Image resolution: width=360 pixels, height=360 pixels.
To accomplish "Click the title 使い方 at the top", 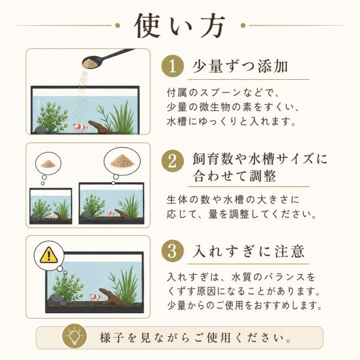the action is pos(180,25).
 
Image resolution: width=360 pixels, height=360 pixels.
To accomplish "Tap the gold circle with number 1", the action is pos(173,67).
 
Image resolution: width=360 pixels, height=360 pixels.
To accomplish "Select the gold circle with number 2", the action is pos(173,161).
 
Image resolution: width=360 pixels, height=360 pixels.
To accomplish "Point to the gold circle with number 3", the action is pos(173,251).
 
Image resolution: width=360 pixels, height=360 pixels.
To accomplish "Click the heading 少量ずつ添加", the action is pos(240,67).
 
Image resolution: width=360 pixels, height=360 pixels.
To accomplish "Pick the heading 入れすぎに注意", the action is pos(249,251).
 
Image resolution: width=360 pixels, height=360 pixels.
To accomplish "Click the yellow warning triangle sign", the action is pos(49,255).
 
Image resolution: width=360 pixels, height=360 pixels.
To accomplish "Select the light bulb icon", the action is pos(74,337).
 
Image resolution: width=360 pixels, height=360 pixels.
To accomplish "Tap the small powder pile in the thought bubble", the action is pos(48,163).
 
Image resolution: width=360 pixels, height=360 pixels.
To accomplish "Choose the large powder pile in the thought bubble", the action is pos(122,161).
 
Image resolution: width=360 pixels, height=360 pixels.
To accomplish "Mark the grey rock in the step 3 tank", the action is pos(55,299).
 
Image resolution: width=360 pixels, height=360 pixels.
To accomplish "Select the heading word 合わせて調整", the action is pos(234,176).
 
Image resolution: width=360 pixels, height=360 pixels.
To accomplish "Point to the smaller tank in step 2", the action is pos(51,206).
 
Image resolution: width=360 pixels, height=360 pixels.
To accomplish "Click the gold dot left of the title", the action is pos(118,25).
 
